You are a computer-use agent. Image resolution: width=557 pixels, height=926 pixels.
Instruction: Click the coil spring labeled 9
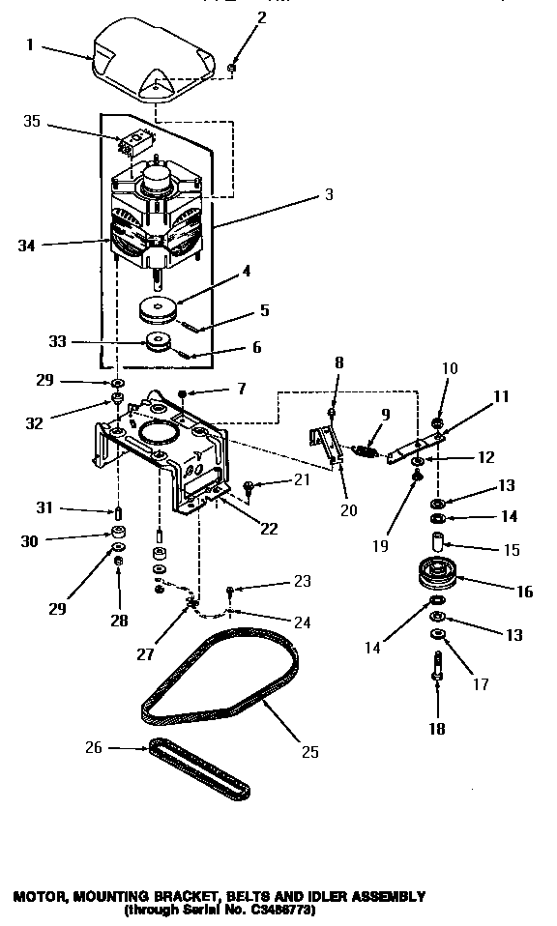click(x=364, y=449)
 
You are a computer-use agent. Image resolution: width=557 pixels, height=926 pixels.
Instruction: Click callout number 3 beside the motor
click(x=329, y=194)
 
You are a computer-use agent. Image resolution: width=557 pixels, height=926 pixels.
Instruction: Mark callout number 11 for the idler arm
click(x=475, y=396)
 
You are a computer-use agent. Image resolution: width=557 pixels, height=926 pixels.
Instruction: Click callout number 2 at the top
click(x=234, y=17)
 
